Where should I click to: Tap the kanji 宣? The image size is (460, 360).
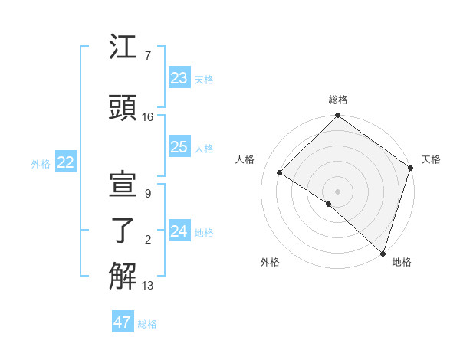click(x=123, y=185)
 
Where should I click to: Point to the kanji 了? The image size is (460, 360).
click(x=123, y=231)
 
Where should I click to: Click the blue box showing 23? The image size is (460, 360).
click(x=179, y=78)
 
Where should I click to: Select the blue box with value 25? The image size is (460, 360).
click(x=179, y=147)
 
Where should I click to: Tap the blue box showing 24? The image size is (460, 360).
click(x=179, y=231)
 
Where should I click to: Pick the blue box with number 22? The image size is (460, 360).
click(x=65, y=162)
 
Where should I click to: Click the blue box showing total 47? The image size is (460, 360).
click(x=122, y=322)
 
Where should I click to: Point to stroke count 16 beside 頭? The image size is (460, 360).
click(x=148, y=116)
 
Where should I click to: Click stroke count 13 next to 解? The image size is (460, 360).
click(x=148, y=286)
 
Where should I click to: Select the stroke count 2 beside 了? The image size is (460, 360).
click(x=148, y=240)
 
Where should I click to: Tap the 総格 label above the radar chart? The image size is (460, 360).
click(x=337, y=100)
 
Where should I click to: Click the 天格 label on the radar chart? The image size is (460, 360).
click(x=431, y=159)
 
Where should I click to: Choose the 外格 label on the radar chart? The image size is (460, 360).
click(x=270, y=262)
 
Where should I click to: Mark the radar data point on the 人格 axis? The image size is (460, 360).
click(x=280, y=173)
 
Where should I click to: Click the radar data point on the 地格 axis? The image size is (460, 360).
click(x=382, y=253)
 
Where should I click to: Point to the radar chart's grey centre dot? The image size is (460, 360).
click(x=337, y=191)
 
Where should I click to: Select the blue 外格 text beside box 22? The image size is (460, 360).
click(x=41, y=163)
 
